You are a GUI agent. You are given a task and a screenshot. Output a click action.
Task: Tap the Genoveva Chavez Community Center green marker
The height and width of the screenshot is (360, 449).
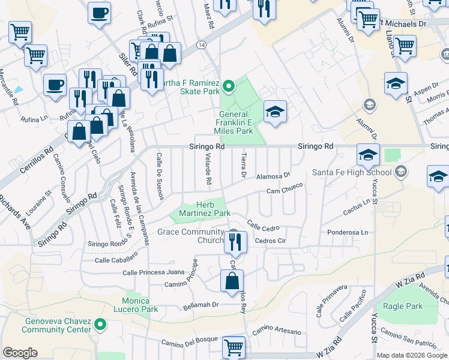point(100,326)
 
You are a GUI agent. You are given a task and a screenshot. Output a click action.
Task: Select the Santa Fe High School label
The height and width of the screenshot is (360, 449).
point(351,173)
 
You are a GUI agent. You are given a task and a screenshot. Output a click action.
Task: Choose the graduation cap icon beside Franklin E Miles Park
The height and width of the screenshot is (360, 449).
point(275,112)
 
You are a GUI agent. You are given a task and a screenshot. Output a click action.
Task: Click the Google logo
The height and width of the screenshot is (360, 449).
point(20,353)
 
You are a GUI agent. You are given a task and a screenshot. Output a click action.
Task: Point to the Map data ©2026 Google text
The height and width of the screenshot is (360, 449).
point(412,355)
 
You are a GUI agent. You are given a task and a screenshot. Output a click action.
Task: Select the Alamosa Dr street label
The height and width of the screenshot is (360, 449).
point(273,176)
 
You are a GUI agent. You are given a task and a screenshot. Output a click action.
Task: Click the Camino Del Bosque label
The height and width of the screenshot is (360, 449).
point(188,342)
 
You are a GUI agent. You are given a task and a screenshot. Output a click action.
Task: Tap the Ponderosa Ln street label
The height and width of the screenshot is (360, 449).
point(346,232)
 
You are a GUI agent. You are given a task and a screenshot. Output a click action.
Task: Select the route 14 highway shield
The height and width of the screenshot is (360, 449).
point(201,46)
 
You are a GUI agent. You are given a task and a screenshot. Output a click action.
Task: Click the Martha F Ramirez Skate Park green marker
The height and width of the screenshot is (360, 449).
point(228,88)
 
